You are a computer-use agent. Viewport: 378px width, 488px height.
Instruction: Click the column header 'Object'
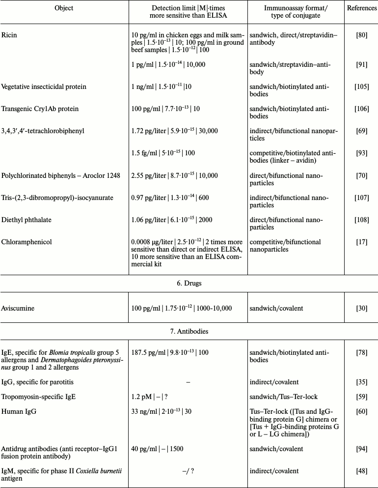(x=64, y=8)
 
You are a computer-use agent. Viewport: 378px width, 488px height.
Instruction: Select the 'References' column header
(x=361, y=8)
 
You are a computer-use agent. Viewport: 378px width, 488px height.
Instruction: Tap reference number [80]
(x=362, y=35)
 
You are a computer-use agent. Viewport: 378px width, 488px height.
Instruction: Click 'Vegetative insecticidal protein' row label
(x=44, y=87)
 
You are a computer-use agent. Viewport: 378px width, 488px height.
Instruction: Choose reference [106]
(x=362, y=109)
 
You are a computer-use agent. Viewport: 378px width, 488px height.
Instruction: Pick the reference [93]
(x=362, y=153)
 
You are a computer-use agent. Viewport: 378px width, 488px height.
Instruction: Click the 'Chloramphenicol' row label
(x=27, y=242)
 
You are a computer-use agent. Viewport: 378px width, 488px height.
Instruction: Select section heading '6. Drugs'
(x=189, y=283)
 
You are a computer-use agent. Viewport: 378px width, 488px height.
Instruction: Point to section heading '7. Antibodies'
(x=189, y=331)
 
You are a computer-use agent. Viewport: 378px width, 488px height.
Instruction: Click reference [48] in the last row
(x=362, y=471)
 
